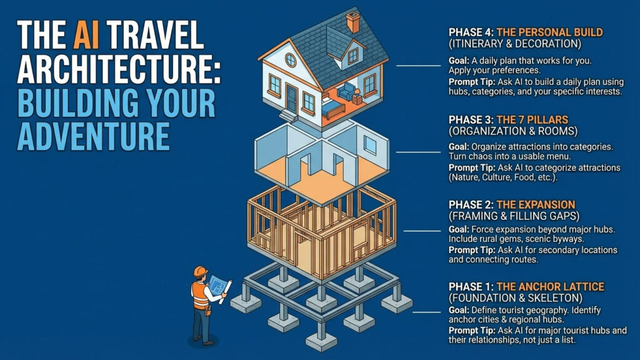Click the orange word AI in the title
86,35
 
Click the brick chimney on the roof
352,22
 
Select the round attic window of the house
291,61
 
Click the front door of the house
291,98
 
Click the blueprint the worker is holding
219,285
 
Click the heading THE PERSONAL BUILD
549,32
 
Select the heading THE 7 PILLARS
532,120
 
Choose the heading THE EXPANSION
536,205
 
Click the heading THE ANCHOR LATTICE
550,287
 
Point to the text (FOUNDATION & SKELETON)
515,298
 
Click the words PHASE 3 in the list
471,120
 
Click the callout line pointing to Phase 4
418,65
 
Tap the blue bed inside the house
332,108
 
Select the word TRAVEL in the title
157,35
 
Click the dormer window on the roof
352,55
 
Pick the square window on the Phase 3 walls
370,145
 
